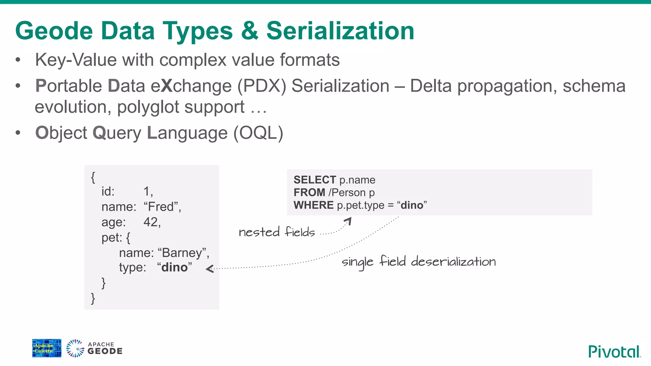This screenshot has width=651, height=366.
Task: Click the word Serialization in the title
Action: point(340,31)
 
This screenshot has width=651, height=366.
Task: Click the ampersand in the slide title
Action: point(250,31)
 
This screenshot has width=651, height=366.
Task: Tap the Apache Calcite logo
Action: point(47,348)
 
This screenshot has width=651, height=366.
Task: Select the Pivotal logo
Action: point(614,351)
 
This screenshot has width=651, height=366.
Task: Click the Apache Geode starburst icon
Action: point(75,349)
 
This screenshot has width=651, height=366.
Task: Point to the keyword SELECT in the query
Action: point(314,180)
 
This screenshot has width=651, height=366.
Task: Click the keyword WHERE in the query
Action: point(313,205)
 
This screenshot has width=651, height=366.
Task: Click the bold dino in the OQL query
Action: point(412,205)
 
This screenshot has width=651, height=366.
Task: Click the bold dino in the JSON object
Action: point(175,268)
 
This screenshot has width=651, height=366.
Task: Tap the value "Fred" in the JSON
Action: point(162,207)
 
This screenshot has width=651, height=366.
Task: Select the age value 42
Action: point(152,222)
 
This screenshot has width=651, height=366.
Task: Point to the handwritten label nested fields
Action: point(277,232)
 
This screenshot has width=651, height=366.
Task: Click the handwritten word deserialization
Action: point(453,262)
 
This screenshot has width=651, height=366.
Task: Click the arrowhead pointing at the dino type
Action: point(209,269)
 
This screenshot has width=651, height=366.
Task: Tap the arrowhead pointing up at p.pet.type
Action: point(348,220)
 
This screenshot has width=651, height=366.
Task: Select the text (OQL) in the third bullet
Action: point(258,133)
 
